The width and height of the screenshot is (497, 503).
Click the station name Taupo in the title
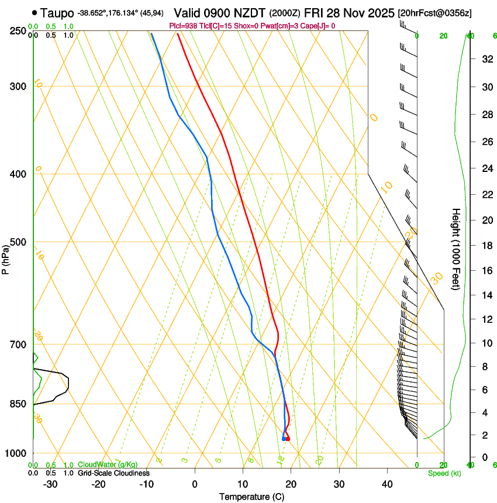[57, 12]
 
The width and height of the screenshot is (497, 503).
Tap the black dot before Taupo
[36, 12]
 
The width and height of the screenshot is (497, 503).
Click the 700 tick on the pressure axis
[19, 344]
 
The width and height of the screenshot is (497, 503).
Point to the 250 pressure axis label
[19, 31]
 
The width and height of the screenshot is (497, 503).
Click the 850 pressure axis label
[19, 404]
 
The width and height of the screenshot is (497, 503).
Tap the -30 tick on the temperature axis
[50, 484]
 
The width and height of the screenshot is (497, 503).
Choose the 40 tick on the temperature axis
[387, 484]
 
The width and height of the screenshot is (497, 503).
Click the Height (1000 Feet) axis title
[456, 249]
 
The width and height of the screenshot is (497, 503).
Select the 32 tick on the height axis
[485, 59]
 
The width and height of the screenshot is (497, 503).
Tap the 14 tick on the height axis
[485, 295]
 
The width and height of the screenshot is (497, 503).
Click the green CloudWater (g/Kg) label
[108, 465]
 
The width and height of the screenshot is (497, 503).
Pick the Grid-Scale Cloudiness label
[113, 473]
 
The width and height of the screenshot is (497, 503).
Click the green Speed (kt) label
[444, 473]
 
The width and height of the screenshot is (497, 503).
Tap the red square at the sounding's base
[287, 439]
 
